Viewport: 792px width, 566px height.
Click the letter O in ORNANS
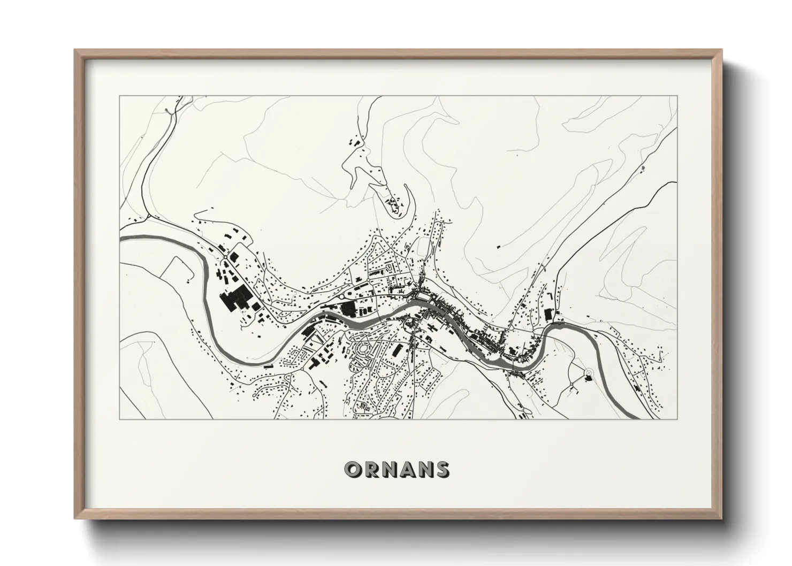coord(354,470)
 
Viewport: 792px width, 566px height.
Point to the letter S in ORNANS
coord(441,470)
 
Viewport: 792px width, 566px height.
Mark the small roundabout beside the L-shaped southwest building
coord(304,369)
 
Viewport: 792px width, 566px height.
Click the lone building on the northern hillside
coord(498,247)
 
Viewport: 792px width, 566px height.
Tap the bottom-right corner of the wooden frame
coord(721,518)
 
